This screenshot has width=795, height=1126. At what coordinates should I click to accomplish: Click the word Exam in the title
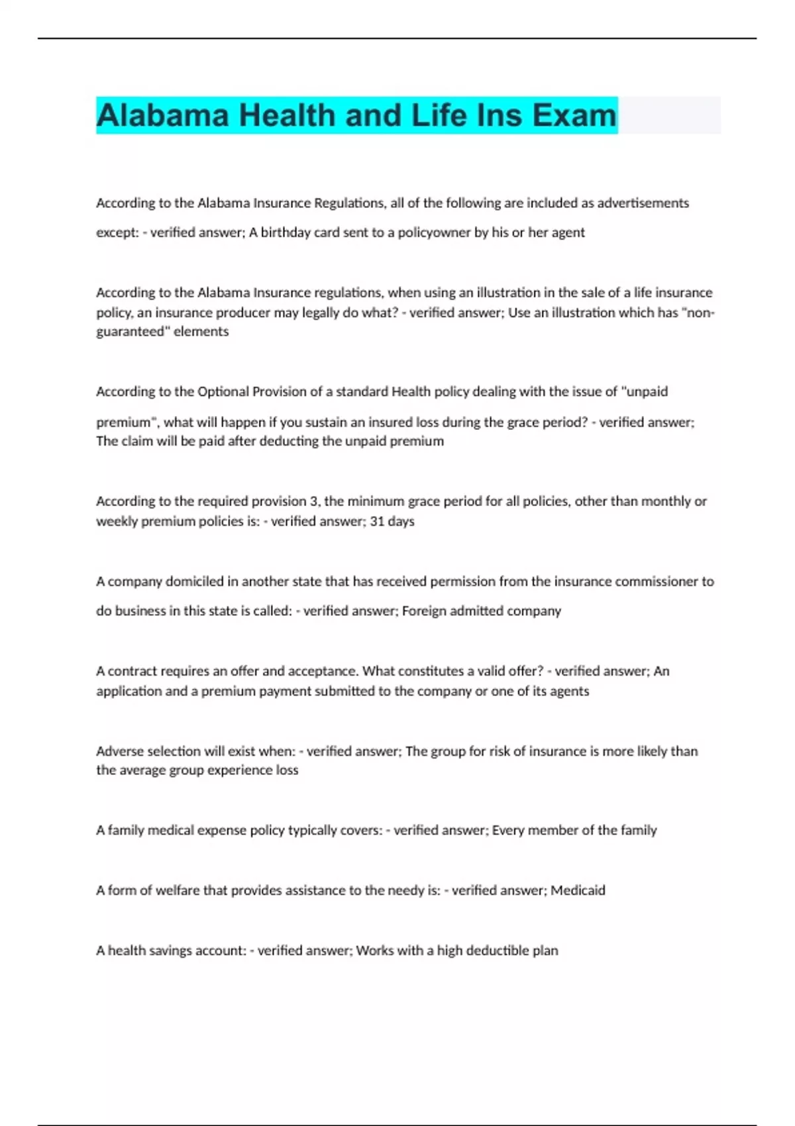(574, 115)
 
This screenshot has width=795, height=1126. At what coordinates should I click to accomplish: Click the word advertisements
(643, 203)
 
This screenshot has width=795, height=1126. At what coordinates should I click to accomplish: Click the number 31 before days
(377, 521)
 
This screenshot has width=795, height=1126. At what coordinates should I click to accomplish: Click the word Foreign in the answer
(423, 611)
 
